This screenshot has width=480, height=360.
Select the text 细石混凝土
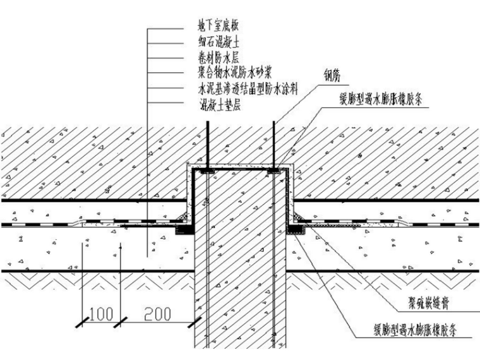[x=219, y=42]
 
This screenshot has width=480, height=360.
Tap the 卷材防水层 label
[x=219, y=57]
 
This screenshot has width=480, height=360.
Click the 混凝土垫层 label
[x=219, y=100]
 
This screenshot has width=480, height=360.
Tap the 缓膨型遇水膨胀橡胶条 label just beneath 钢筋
[x=383, y=100]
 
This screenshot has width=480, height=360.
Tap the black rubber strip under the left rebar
[x=207, y=171]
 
